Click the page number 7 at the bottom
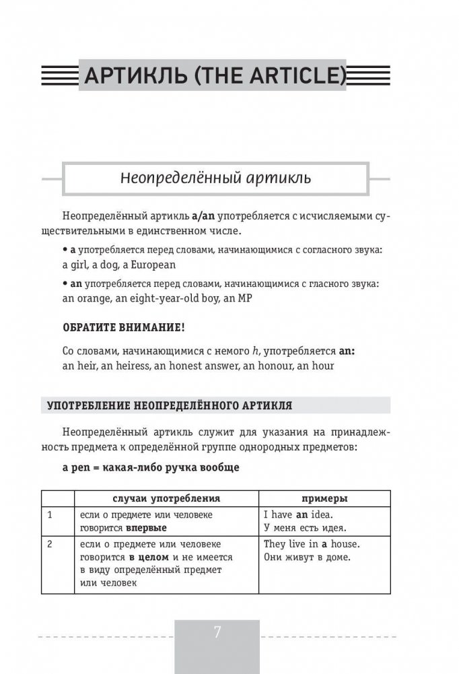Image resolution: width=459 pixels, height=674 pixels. coord(217,633)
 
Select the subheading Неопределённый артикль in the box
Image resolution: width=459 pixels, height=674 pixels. coord(215,178)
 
